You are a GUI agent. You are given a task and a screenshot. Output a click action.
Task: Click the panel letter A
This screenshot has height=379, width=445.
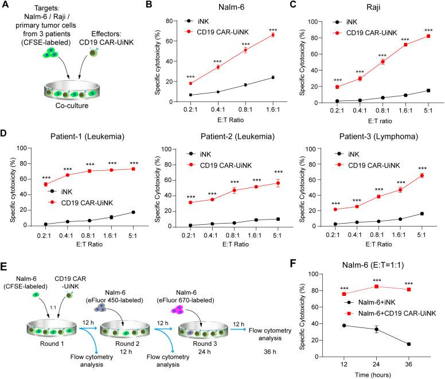(5, 5)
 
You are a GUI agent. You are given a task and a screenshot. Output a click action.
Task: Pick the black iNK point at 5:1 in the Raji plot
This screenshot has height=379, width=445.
(428, 91)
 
